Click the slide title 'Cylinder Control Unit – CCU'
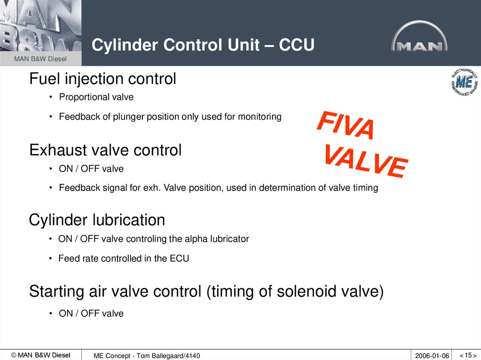(202, 46)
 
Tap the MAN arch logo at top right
(419, 37)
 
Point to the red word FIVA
(346, 125)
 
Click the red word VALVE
(365, 161)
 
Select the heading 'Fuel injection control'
(102, 79)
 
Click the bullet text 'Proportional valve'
(96, 97)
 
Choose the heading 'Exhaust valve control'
(105, 150)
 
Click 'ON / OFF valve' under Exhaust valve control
(91, 168)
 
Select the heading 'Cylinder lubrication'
(97, 220)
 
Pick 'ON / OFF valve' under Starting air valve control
(91, 314)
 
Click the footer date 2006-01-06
(432, 356)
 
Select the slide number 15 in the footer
(467, 355)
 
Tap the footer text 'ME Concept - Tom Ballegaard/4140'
(147, 356)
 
